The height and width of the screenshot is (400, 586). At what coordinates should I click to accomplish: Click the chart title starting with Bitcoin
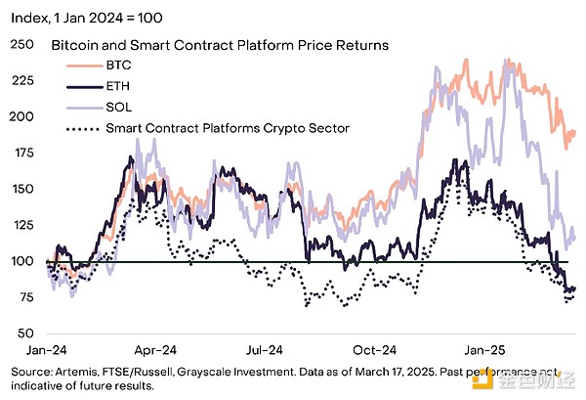(x=219, y=45)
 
